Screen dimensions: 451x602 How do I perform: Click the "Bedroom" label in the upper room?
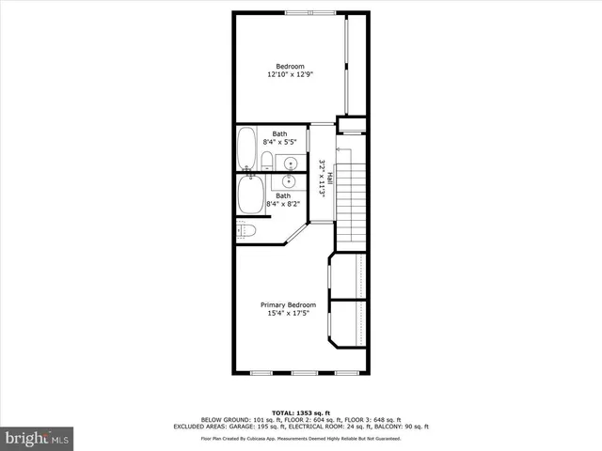pos(290,66)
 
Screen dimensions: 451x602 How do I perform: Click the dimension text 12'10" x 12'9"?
pos(290,74)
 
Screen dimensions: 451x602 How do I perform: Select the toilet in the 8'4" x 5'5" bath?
pos(267,159)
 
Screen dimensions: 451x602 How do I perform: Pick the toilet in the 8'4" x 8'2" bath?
pos(247,230)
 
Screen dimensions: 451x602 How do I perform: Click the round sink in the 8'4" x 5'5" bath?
pos(291,161)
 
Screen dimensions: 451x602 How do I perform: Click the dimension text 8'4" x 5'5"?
pos(280,142)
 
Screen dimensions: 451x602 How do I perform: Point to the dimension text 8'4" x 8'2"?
pos(283,203)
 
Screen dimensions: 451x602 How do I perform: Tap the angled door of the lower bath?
pos(297,233)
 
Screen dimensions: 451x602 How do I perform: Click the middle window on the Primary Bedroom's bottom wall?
pos(302,373)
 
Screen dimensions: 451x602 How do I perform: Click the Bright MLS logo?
pos(38,438)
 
